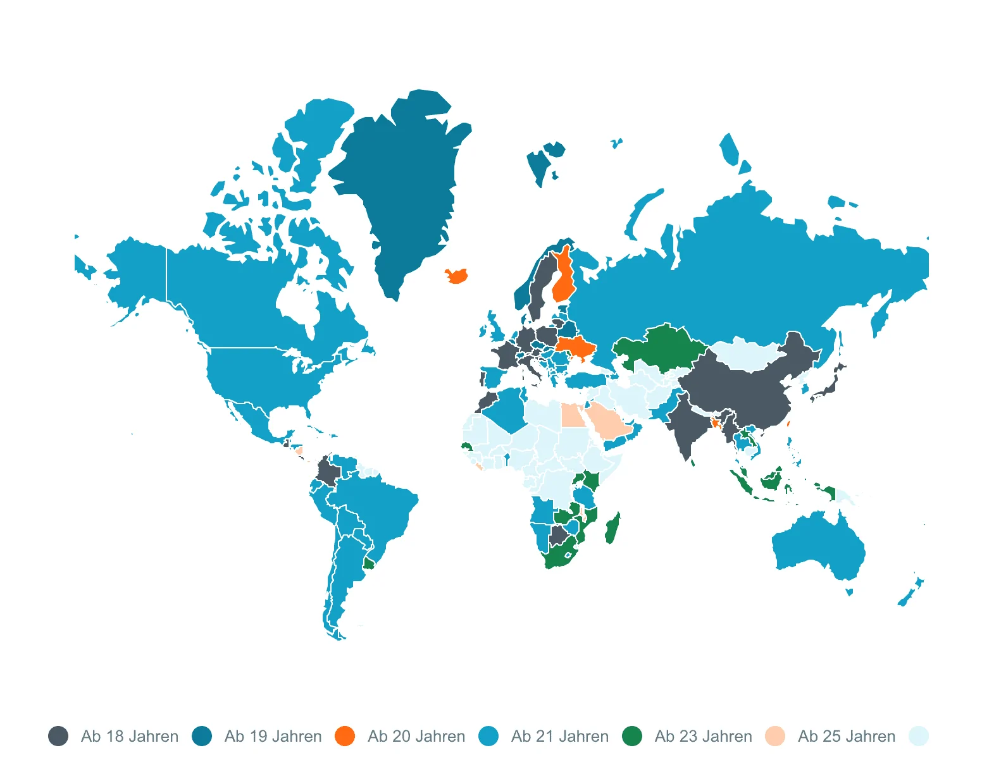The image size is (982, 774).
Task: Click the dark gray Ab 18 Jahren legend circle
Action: click(58, 736)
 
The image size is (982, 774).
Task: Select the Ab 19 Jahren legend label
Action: click(273, 736)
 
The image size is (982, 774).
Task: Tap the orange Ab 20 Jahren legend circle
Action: click(345, 736)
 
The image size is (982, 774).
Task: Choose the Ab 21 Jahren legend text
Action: click(559, 736)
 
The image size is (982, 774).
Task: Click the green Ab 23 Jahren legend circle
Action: click(631, 736)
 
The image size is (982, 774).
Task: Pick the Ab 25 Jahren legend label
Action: click(846, 736)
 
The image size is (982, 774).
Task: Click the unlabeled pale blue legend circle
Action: click(918, 736)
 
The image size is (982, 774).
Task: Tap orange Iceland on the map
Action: click(456, 276)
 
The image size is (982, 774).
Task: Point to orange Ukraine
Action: click(576, 347)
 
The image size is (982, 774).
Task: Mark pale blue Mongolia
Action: click(743, 354)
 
